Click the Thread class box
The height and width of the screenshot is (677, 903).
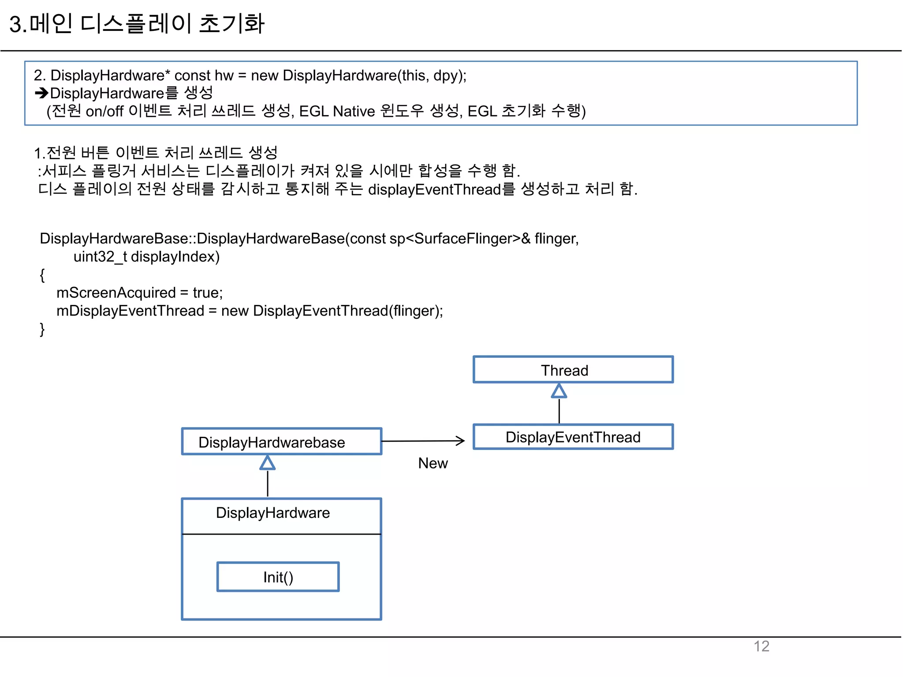tap(573, 370)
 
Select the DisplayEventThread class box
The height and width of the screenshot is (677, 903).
tap(573, 437)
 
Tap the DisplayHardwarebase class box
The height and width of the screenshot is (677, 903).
tap(281, 442)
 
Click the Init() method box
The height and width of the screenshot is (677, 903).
tap(278, 577)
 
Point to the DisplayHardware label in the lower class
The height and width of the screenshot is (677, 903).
tap(272, 513)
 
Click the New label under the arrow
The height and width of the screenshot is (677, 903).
tap(433, 463)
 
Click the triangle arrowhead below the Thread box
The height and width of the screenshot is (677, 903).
tap(559, 391)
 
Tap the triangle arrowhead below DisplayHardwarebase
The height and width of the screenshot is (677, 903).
tap(267, 463)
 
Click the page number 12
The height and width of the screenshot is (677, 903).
tap(761, 646)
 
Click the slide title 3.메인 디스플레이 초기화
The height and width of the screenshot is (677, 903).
tap(137, 24)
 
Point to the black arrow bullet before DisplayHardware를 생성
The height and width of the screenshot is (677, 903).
tap(41, 93)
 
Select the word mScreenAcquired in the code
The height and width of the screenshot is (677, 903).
tap(116, 293)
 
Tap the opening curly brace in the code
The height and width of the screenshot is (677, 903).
tap(42, 275)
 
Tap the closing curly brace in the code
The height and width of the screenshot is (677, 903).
tap(42, 329)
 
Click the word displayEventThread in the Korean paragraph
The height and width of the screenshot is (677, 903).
tap(434, 190)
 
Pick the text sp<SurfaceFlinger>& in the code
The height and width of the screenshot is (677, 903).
tap(460, 238)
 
